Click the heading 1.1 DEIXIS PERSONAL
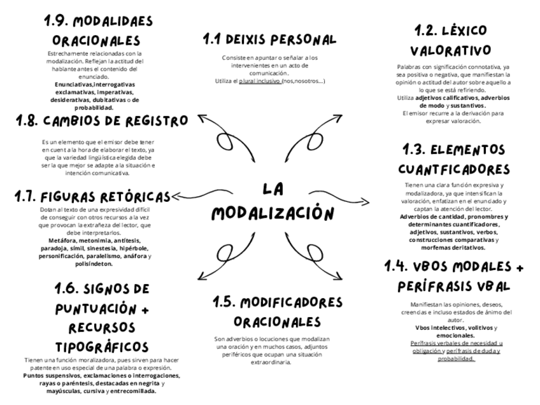(269, 39)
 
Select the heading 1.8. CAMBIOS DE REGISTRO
(101, 121)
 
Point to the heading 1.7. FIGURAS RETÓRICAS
(92, 197)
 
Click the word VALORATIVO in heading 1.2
(450, 50)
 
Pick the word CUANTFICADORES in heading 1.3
(454, 170)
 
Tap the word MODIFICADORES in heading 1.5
(278, 302)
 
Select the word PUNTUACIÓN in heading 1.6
(95, 309)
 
